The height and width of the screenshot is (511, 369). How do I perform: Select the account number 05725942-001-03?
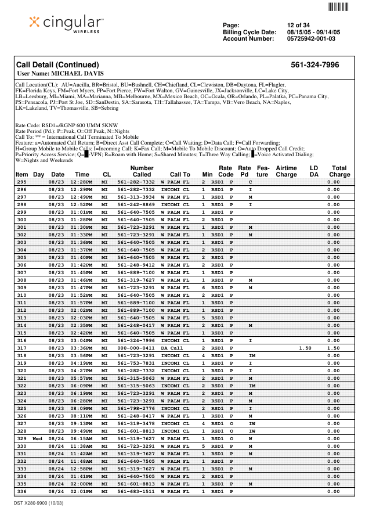(x=311, y=39)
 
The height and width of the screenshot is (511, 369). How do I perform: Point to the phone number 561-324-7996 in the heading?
(x=314, y=65)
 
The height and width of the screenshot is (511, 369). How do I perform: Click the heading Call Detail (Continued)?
(x=57, y=65)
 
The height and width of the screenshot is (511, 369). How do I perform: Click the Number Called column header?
(x=142, y=171)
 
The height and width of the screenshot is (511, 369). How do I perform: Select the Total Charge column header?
(x=339, y=171)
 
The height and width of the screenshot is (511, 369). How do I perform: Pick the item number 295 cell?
(x=21, y=182)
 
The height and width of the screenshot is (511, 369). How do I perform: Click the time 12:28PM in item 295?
(x=78, y=182)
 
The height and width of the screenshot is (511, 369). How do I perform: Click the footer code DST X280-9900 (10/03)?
(x=38, y=502)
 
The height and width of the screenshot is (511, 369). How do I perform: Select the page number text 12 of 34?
(x=298, y=25)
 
